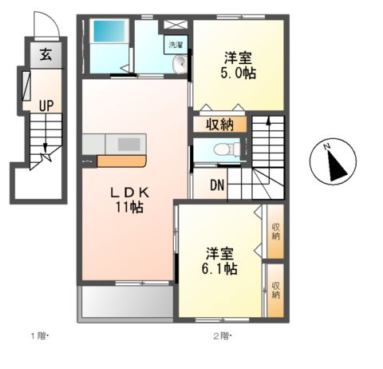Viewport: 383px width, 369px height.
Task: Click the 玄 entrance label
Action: point(45,54)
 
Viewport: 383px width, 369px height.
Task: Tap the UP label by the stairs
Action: point(46,105)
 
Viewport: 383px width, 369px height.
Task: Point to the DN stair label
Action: point(217,185)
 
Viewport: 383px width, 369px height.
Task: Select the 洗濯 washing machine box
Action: point(176,45)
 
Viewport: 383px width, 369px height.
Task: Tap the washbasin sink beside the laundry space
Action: point(180,65)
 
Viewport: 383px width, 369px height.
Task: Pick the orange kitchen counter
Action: point(122,161)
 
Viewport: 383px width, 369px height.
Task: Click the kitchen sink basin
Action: point(129,144)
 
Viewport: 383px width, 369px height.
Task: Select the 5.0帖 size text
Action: point(238,73)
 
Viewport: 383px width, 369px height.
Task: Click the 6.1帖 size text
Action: point(219,268)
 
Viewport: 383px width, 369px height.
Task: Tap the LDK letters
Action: point(130,192)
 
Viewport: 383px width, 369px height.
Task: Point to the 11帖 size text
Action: point(129,207)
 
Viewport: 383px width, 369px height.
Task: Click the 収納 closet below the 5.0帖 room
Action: point(220,125)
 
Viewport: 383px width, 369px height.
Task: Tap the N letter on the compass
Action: point(327,146)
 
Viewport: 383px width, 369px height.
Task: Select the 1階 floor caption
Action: point(39,336)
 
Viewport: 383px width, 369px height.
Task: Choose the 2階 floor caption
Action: point(222,336)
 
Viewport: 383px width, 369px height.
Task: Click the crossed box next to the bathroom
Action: point(176,25)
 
